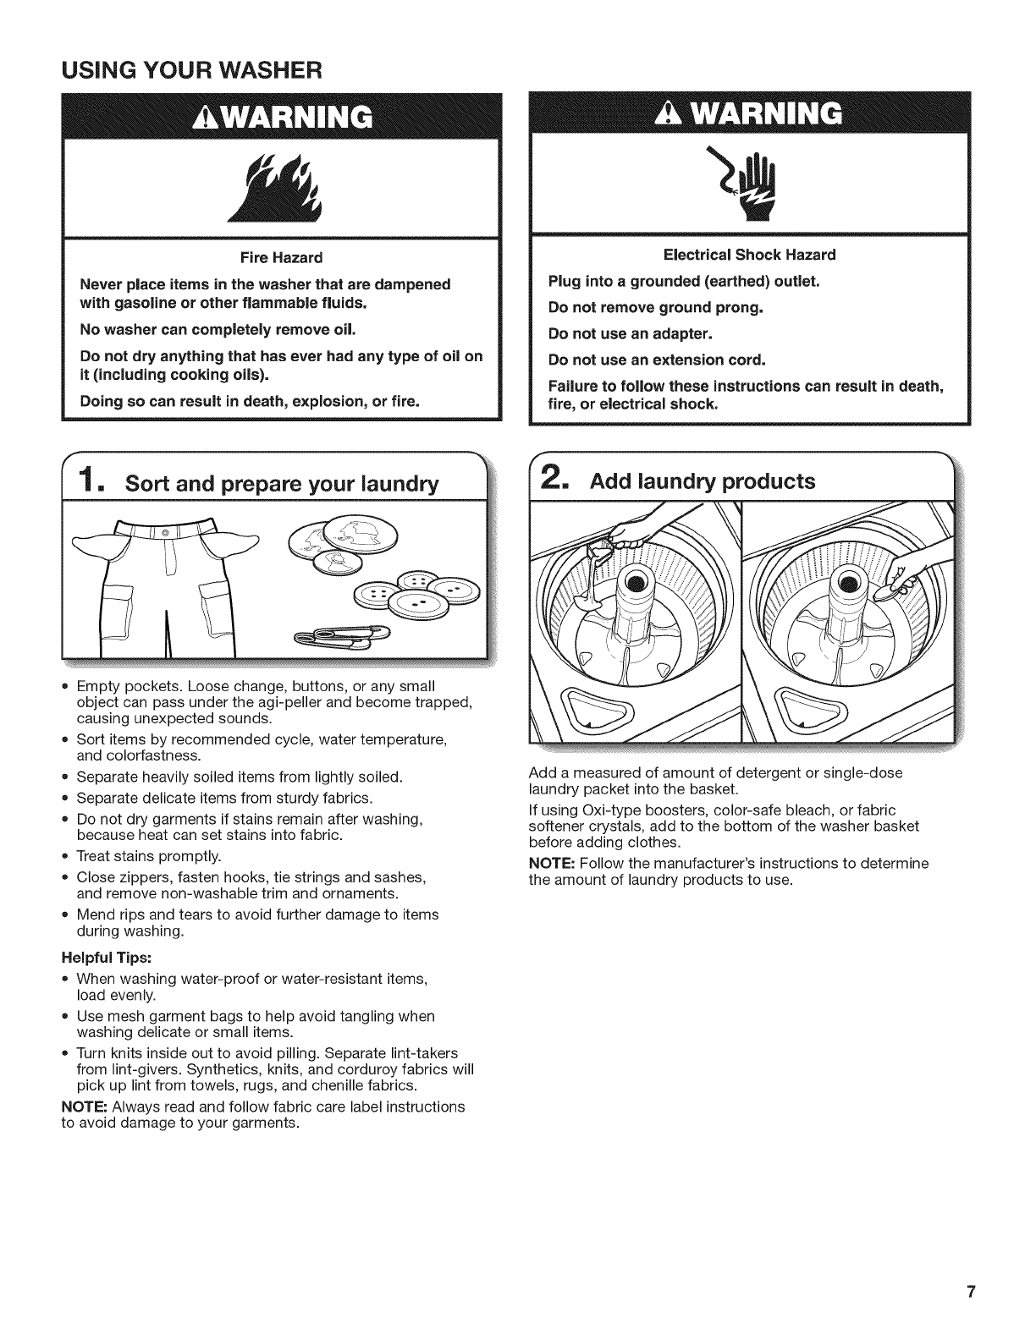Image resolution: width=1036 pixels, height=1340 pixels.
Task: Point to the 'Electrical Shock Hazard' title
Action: [x=749, y=255]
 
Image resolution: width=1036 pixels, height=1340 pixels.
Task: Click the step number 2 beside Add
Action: [x=551, y=480]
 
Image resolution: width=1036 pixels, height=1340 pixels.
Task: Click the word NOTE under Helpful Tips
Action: [x=83, y=1107]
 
